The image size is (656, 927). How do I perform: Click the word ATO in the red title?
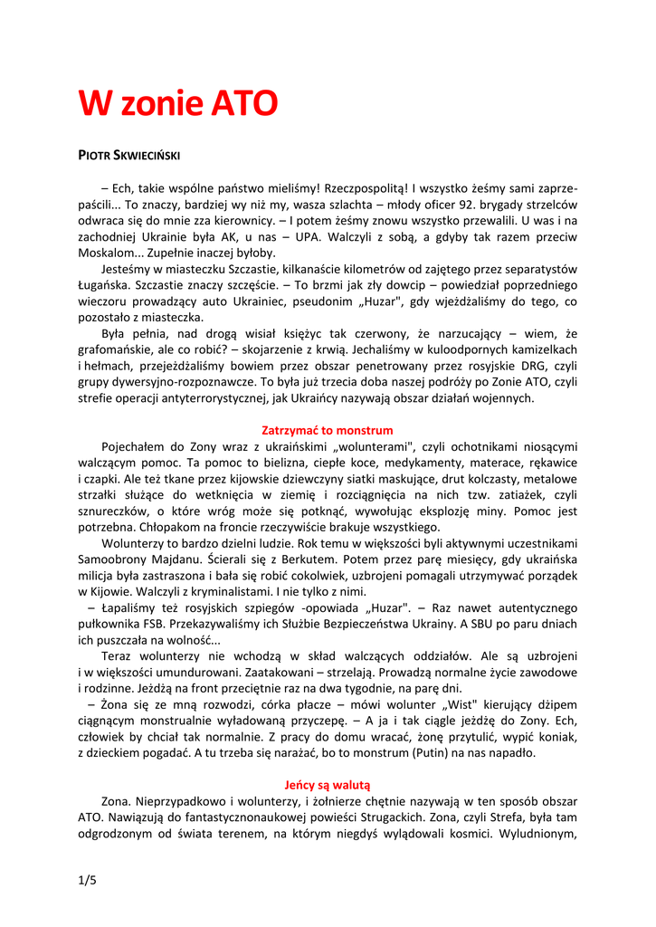click(244, 104)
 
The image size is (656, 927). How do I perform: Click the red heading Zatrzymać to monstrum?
click(328, 430)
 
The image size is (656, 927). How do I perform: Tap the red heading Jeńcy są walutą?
click(328, 785)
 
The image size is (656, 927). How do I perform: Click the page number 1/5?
click(87, 881)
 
